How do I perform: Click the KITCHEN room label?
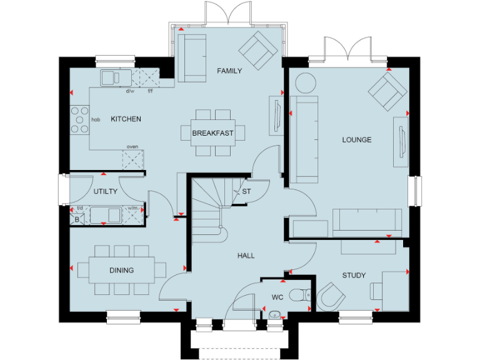(126, 119)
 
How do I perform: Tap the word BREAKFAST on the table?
(212, 133)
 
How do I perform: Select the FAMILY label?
(229, 71)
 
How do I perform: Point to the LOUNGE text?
(356, 140)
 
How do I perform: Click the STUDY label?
(354, 276)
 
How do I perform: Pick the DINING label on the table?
(122, 271)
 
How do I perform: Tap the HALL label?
(246, 256)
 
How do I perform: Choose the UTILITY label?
(106, 192)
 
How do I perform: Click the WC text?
(278, 297)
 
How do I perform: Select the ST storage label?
(246, 192)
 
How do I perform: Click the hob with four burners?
(80, 119)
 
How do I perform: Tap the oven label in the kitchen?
(132, 147)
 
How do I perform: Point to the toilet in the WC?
(303, 293)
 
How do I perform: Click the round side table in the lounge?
(306, 83)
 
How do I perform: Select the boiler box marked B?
(77, 219)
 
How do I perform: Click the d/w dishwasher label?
(130, 91)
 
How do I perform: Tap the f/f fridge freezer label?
(150, 91)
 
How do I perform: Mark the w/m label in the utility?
(132, 208)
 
